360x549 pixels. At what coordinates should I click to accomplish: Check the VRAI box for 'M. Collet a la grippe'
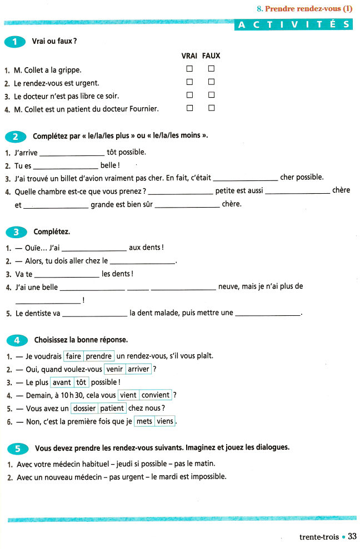tap(189, 69)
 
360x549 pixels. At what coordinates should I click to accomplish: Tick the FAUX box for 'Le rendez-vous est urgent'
tap(211, 82)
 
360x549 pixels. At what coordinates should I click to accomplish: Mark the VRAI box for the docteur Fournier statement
tap(189, 108)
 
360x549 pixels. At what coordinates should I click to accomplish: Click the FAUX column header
tap(211, 56)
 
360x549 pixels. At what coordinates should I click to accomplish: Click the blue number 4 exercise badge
tap(16, 339)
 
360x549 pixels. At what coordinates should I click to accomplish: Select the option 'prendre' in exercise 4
tap(99, 356)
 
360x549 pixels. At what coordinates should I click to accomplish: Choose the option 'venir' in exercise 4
tap(114, 369)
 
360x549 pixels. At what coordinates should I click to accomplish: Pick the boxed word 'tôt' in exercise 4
tap(81, 382)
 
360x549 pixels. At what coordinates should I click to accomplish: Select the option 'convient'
tap(156, 395)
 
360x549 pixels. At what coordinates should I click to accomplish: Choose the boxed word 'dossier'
tap(84, 409)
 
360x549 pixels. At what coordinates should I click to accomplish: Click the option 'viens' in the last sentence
tap(165, 421)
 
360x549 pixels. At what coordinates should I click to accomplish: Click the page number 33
tap(352, 536)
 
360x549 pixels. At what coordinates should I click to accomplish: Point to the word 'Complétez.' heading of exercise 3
tap(52, 231)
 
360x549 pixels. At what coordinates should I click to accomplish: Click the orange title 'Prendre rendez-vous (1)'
tap(309, 8)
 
